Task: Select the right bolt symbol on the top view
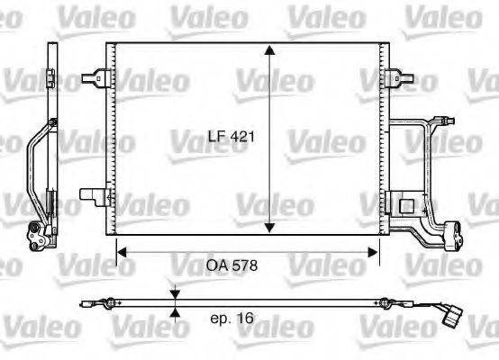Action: coord(385,302)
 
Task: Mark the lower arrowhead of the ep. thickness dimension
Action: coord(175,312)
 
